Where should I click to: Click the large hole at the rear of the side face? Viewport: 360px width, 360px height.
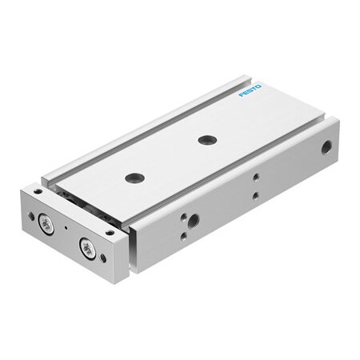[x=326, y=147]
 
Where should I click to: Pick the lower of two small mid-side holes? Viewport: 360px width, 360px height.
[x=254, y=194]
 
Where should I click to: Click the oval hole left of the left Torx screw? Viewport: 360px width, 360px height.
[x=31, y=216]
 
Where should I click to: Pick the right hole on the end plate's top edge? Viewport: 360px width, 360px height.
[x=109, y=232]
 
